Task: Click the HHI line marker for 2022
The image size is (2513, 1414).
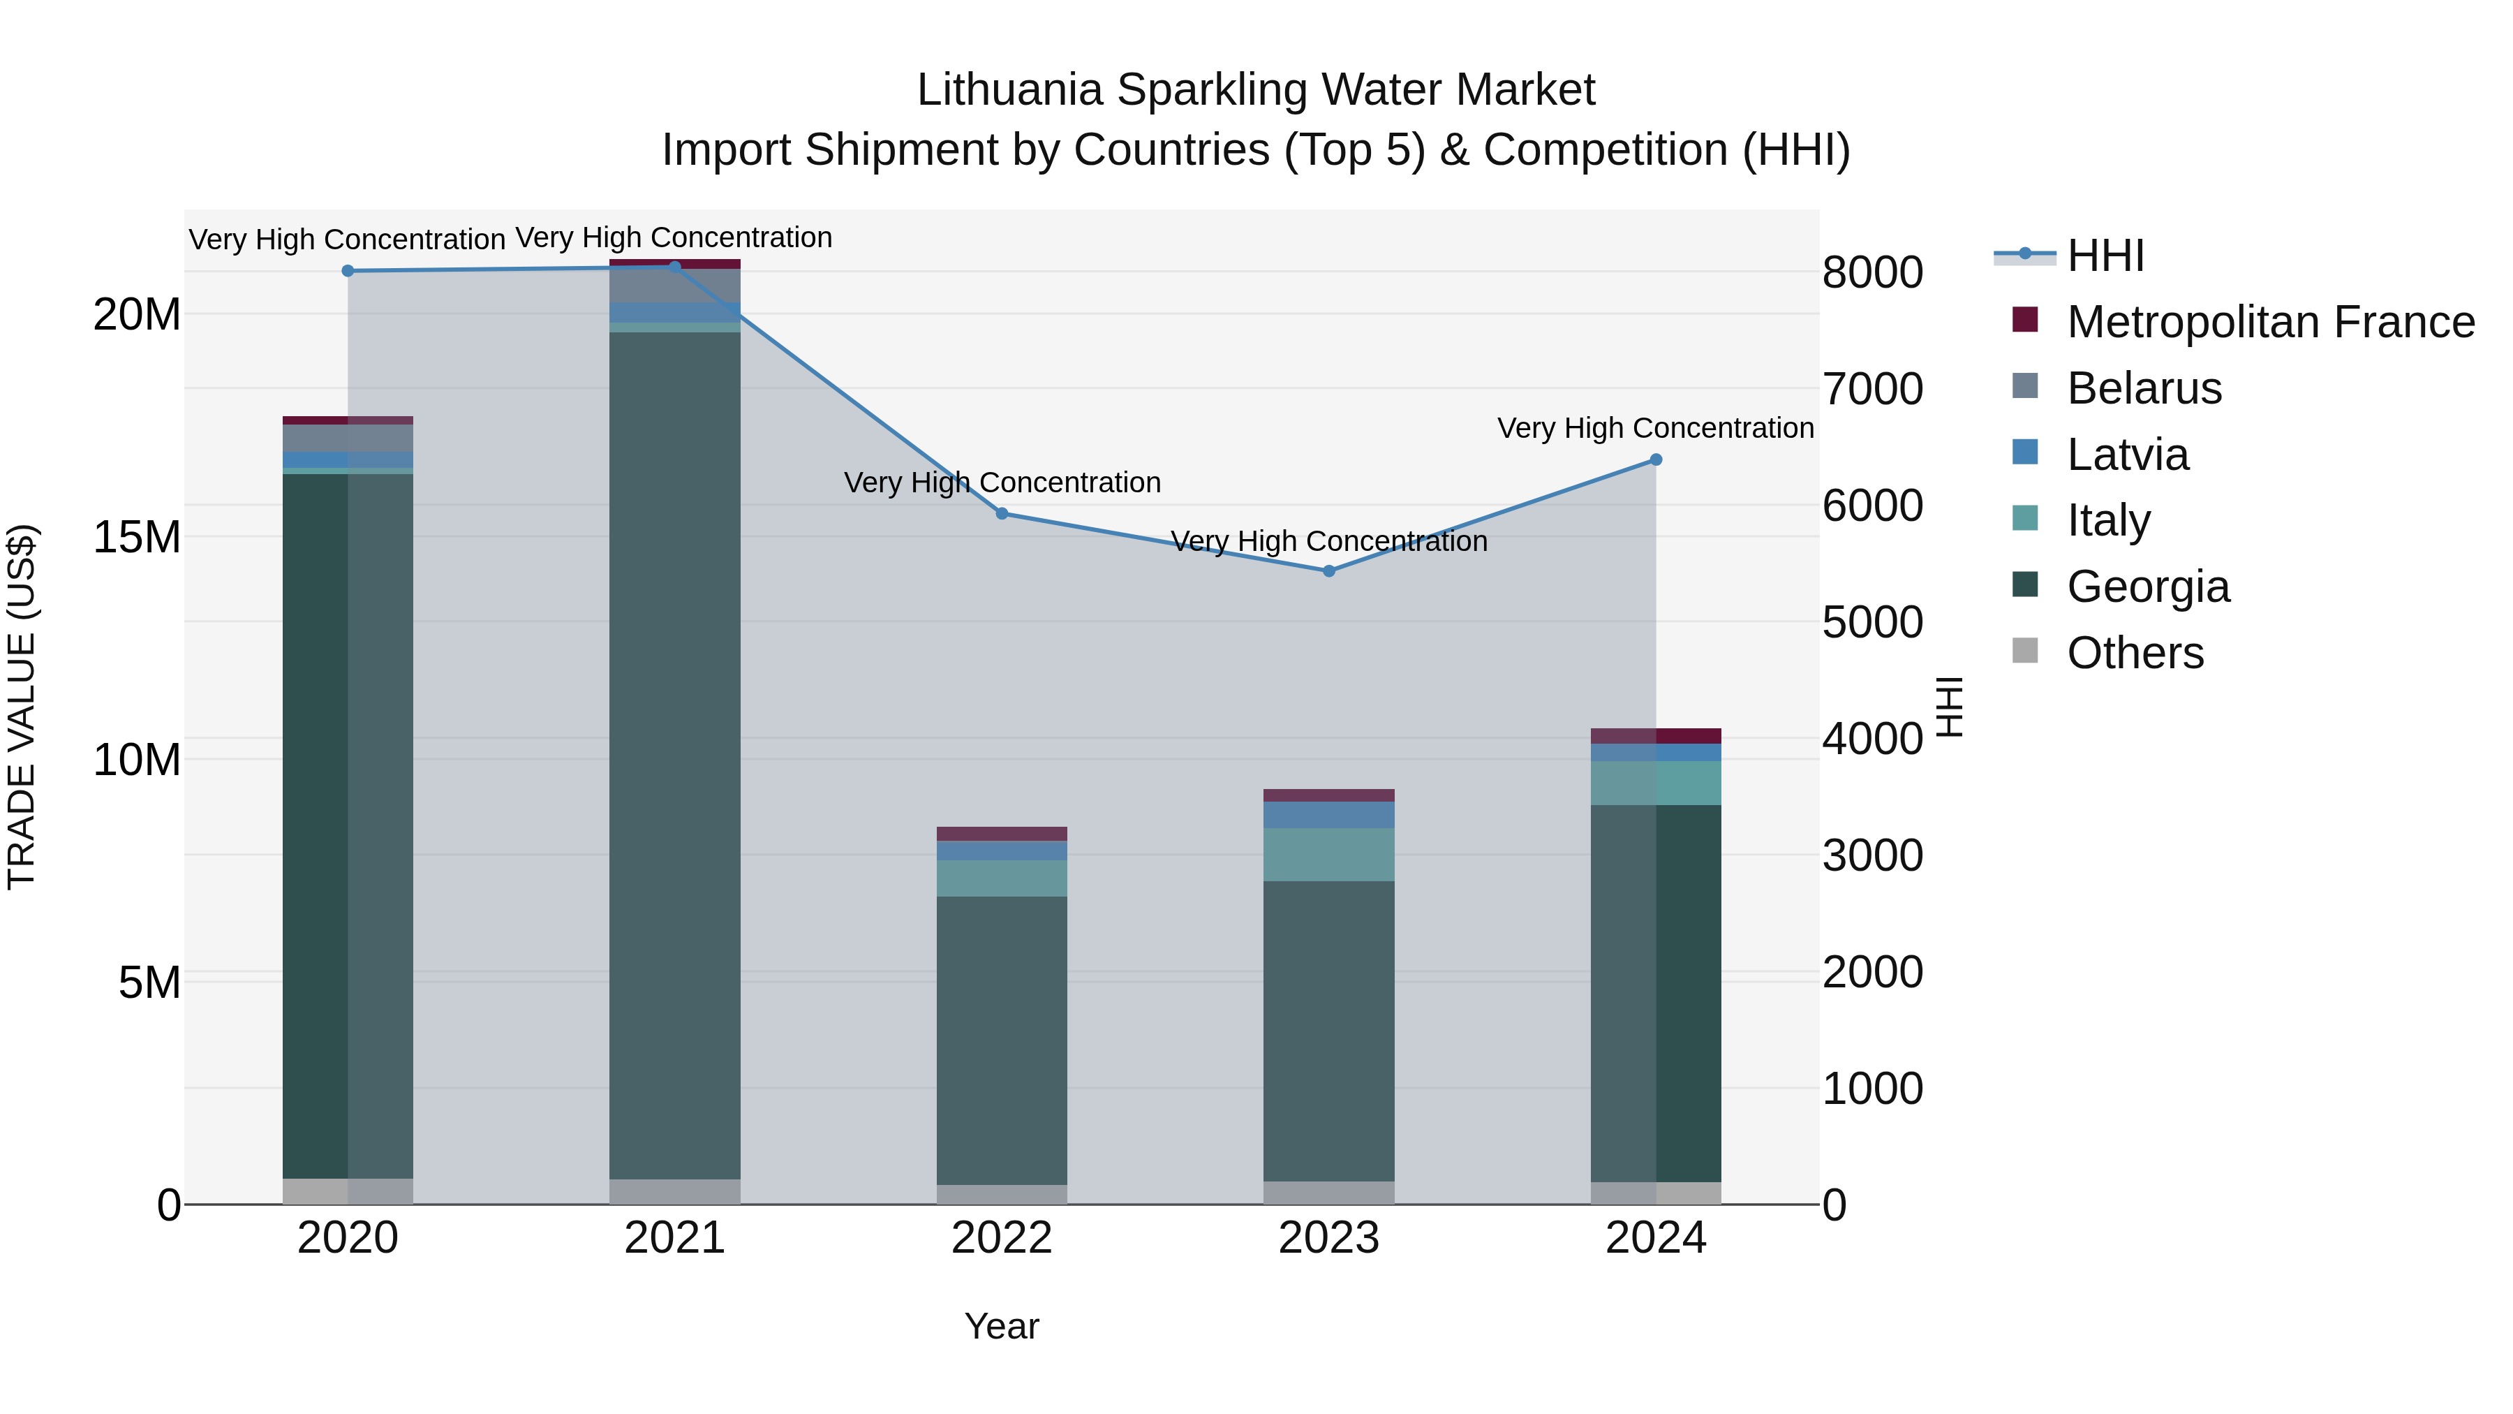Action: [x=1001, y=513]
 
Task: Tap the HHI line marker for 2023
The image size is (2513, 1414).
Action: [x=1328, y=571]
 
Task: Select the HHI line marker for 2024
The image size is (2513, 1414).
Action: [x=1656, y=459]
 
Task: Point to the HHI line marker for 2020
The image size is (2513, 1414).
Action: [x=348, y=270]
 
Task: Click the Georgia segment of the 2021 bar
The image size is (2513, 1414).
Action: [x=674, y=751]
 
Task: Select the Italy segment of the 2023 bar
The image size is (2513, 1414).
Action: [x=1328, y=854]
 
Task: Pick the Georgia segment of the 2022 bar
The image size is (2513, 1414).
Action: [x=1001, y=1039]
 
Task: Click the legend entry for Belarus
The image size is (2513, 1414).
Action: [x=2143, y=388]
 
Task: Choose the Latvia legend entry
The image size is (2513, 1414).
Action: [x=2127, y=455]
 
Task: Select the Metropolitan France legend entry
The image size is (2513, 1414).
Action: [x=2269, y=322]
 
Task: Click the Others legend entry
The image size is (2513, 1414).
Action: [x=2135, y=653]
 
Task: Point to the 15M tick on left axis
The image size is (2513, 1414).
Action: [x=137, y=538]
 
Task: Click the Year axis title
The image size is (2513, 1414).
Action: [x=1001, y=1326]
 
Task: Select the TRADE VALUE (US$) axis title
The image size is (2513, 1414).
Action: [x=22, y=707]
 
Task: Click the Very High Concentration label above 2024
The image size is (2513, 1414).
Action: [x=1656, y=429]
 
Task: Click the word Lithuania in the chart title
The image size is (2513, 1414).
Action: [x=1009, y=90]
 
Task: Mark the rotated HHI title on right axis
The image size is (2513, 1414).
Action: [x=1949, y=707]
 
